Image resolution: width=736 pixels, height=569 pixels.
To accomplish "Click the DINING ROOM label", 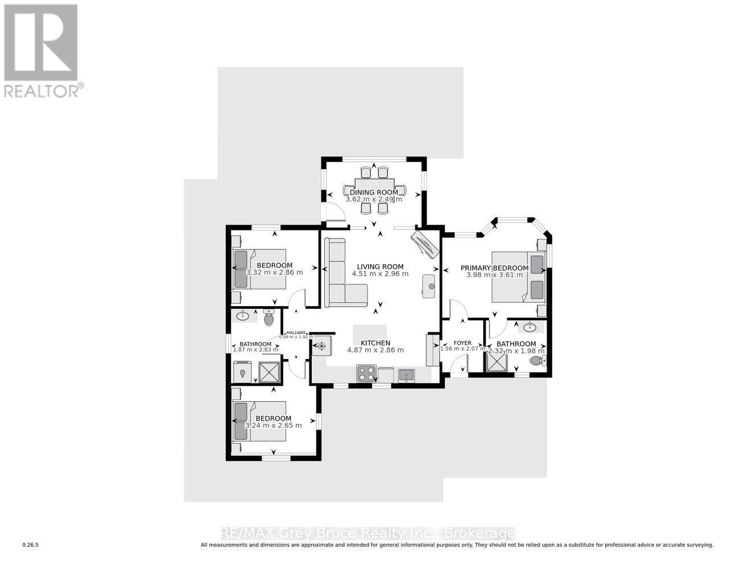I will [x=374, y=192].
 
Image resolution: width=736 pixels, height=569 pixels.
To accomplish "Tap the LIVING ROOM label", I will [x=380, y=266].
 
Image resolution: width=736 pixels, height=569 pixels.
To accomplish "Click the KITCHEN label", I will [x=375, y=343].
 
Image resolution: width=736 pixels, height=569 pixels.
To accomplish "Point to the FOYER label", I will [x=462, y=343].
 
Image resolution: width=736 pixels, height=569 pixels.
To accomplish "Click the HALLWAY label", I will [x=296, y=333].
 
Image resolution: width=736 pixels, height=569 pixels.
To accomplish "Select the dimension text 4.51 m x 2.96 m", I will [x=380, y=274].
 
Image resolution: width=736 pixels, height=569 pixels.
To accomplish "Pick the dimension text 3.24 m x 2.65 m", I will [x=273, y=425].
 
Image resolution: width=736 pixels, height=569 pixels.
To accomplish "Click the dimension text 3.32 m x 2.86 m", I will [x=274, y=273].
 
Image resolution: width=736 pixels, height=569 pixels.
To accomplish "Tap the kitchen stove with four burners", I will [x=366, y=373].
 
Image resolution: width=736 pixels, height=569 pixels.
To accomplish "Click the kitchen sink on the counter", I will [x=406, y=375].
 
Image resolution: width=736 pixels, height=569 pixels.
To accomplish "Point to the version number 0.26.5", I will [x=30, y=545].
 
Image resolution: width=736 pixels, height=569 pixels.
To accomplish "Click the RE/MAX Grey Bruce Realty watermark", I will [x=367, y=533].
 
